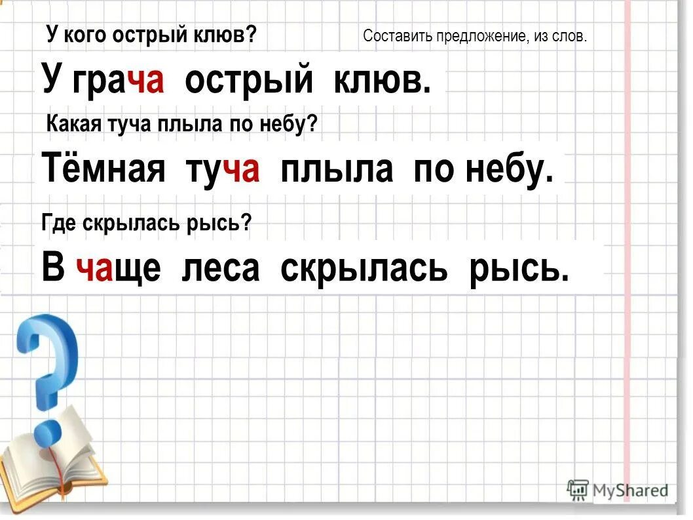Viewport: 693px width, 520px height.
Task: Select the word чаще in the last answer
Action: pos(119,268)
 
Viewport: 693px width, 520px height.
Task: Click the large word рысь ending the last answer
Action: pos(519,268)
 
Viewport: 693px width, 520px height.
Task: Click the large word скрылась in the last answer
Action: pos(364,268)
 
